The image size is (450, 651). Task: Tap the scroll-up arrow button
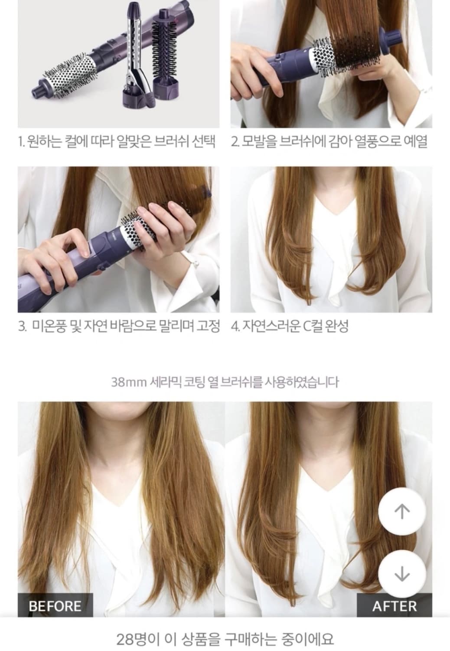pos(402,512)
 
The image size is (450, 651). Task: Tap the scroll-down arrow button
pos(402,574)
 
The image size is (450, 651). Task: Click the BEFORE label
pos(55,605)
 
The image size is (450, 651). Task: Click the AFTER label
pos(394,605)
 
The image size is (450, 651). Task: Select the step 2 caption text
pos(329,142)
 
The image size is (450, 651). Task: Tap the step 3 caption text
pos(119,325)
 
